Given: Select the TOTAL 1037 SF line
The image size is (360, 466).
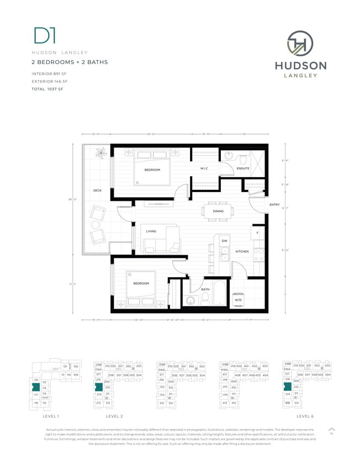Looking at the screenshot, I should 49,88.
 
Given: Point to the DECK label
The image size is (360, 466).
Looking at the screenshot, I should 97,191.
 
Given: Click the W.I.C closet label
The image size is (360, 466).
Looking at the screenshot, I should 204,168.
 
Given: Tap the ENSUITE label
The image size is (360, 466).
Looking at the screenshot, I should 243,168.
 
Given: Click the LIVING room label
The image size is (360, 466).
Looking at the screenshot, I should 151,231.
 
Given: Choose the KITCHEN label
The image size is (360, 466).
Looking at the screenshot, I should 242,252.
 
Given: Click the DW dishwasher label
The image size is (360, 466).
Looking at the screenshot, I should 224,241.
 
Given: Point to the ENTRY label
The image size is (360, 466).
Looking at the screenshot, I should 274,205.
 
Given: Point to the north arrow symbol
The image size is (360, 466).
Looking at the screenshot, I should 331,430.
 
